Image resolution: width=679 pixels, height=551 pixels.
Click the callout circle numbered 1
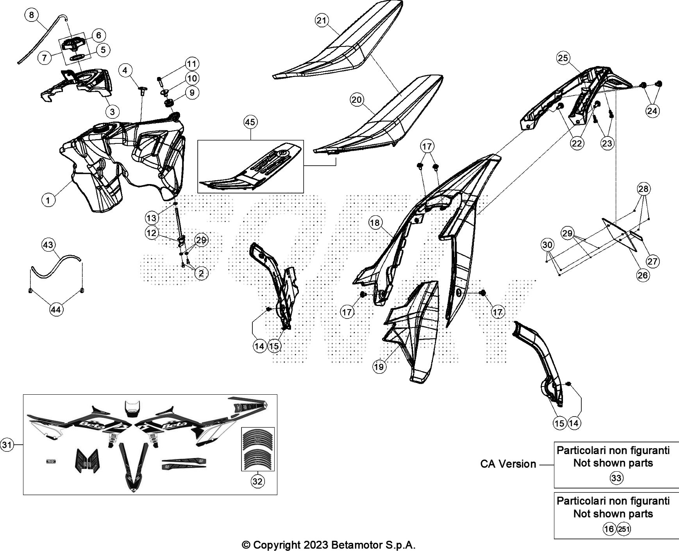[48, 201]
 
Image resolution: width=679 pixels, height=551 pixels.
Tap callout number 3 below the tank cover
[112, 112]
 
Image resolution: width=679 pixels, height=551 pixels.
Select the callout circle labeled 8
[31, 15]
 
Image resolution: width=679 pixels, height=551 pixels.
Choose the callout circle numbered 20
[357, 100]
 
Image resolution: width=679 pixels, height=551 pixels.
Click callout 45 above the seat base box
[250, 122]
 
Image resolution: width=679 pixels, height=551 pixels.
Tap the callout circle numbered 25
[563, 59]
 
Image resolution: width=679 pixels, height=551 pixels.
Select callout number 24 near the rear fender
[652, 111]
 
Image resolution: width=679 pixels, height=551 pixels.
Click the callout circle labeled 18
[375, 223]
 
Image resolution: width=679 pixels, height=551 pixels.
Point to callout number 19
[379, 367]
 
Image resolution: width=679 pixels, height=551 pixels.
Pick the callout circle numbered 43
[48, 245]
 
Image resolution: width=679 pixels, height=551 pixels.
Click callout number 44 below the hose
[56, 309]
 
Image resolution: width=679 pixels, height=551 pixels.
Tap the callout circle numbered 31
[7, 444]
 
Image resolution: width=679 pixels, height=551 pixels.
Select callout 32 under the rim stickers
[257, 481]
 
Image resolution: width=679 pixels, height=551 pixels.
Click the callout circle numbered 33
[616, 478]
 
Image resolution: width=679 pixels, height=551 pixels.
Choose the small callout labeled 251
[624, 529]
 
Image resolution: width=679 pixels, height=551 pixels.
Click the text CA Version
[508, 464]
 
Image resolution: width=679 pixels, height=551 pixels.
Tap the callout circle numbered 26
[643, 275]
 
